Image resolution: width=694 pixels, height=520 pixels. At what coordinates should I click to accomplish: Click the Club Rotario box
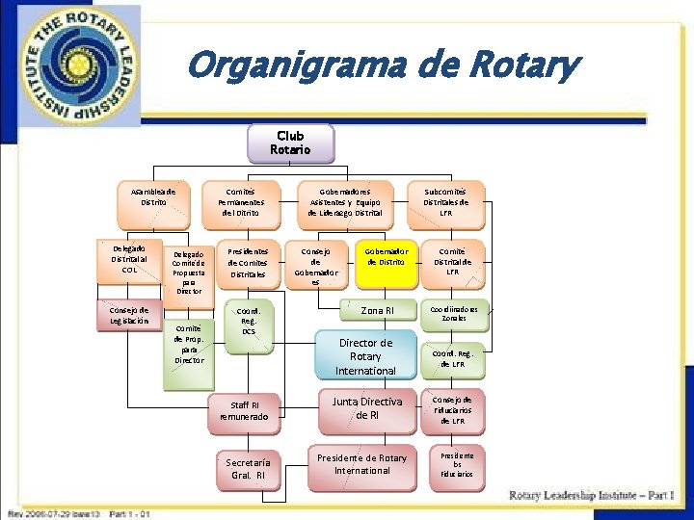point(290,143)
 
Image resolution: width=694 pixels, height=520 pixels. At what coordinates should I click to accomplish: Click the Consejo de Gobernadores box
point(318,265)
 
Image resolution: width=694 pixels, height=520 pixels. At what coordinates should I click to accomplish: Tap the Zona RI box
point(377,310)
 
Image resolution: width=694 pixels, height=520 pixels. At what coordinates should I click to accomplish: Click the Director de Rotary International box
point(365,356)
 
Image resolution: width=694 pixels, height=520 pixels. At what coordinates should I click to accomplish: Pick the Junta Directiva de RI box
point(367,408)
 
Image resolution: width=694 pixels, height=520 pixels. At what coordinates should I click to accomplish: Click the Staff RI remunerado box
point(245,411)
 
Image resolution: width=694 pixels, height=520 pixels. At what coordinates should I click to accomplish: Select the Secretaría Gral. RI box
point(248,468)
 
